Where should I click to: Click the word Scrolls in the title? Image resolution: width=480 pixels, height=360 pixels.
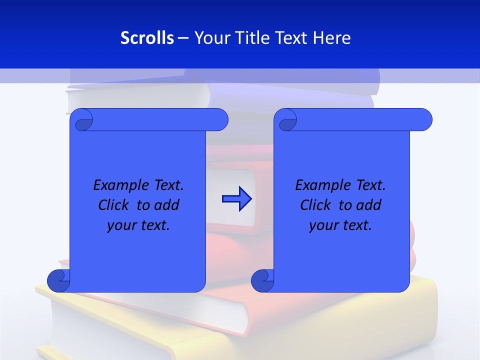[147, 38]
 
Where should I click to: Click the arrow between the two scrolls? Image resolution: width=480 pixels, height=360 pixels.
[236, 199]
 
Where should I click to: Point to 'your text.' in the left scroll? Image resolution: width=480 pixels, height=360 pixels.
[138, 225]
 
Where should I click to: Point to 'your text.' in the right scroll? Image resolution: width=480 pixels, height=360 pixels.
[340, 225]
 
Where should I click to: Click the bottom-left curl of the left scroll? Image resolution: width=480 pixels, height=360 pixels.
[58, 280]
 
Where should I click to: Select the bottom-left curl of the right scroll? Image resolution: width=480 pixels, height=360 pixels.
[262, 280]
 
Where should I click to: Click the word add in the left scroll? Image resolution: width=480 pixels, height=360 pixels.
[166, 205]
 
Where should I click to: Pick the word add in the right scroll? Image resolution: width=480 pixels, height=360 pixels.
[368, 205]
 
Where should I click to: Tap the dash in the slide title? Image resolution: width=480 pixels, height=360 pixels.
[183, 38]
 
